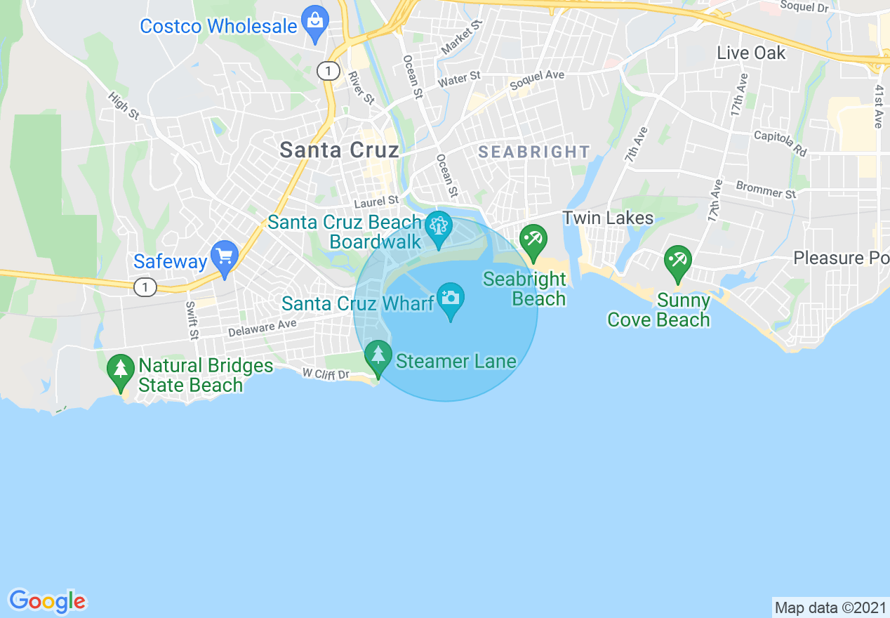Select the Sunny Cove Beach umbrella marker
(677, 261)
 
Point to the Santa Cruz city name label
(339, 150)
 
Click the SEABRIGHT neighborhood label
(534, 152)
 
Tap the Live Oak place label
(751, 53)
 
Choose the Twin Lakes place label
(608, 218)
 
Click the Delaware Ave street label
(263, 327)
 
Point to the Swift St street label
(191, 320)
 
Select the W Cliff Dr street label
(326, 374)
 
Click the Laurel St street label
(376, 203)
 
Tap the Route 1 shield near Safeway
(145, 287)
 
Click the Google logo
(47, 601)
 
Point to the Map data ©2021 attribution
(830, 607)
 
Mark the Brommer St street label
(766, 189)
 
